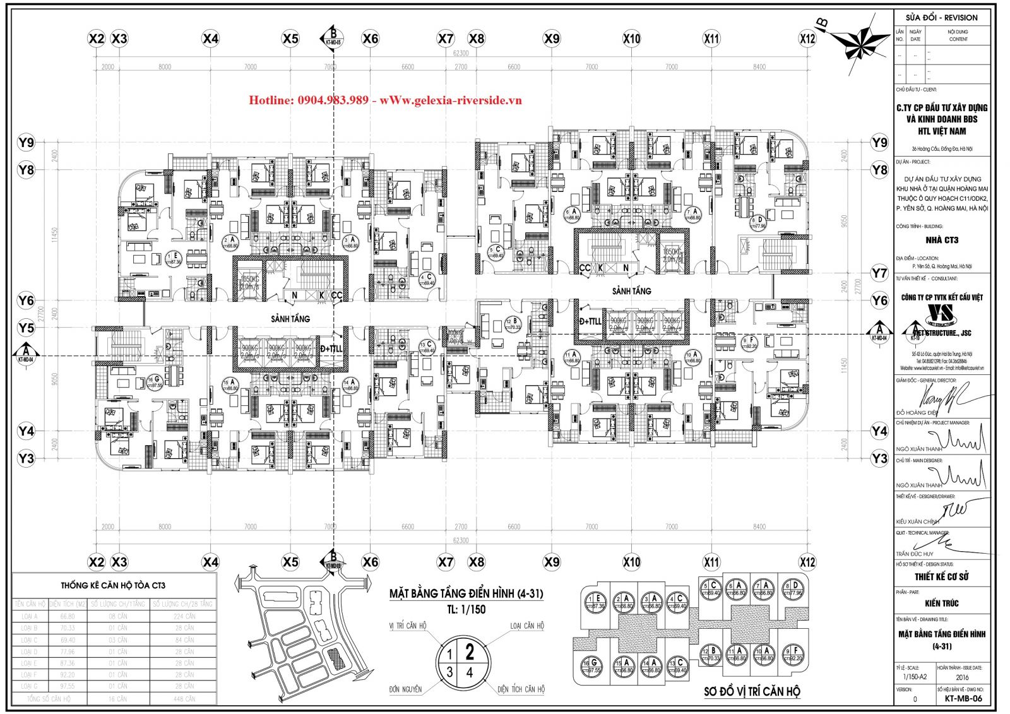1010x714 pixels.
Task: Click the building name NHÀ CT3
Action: click(942, 240)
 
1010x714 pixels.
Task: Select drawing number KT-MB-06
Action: click(963, 699)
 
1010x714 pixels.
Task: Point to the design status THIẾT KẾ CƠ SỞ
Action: click(942, 576)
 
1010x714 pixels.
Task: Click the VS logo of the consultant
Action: click(942, 313)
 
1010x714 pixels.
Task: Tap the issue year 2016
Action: click(962, 677)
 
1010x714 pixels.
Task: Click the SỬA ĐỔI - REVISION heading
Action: click(941, 18)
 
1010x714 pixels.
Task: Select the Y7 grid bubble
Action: click(879, 273)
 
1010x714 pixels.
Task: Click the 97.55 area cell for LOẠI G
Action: click(67, 686)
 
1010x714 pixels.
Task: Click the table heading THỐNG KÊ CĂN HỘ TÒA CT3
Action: click(113, 585)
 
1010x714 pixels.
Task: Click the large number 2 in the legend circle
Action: click(470, 651)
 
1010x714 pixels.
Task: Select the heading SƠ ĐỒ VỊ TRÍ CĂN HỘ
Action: click(752, 691)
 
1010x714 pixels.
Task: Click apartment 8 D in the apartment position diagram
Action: click(793, 589)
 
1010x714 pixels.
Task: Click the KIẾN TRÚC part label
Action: click(941, 604)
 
